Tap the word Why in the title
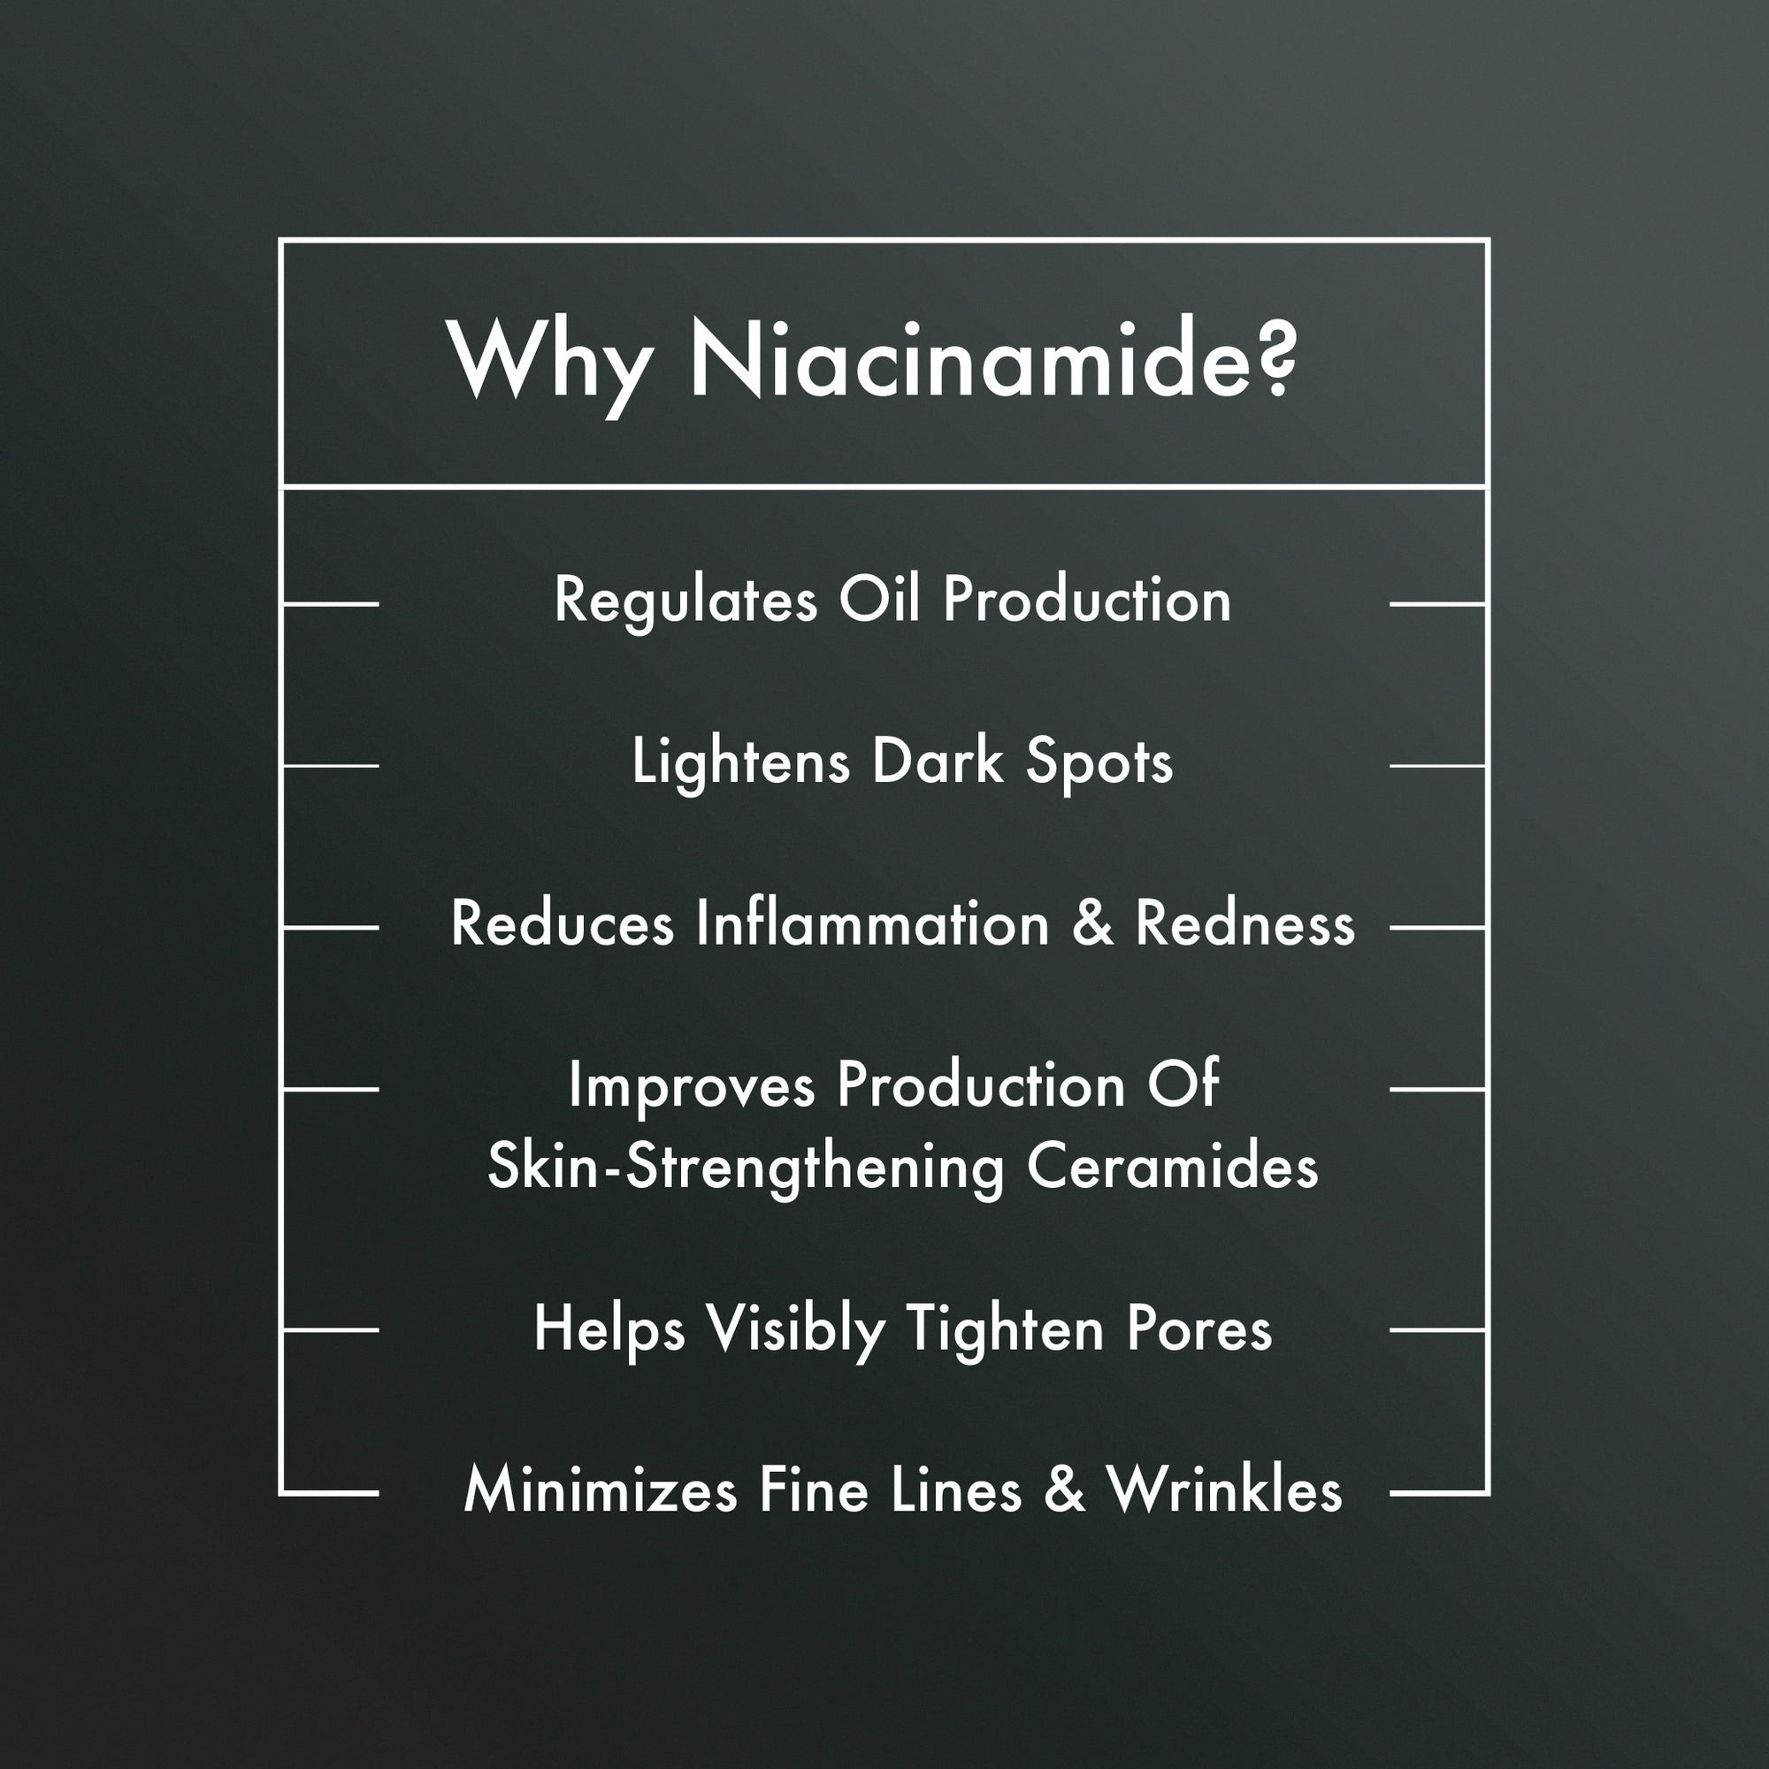[x=548, y=366]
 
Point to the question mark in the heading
[x=1272, y=357]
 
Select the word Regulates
[x=685, y=601]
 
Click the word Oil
[x=879, y=599]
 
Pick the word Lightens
[x=740, y=762]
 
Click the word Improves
[x=692, y=1087]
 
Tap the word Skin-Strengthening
[x=747, y=1170]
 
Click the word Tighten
[x=1005, y=1330]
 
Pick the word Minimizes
[x=601, y=1489]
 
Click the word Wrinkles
[x=1224, y=1489]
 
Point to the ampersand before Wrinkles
[x=1064, y=1489]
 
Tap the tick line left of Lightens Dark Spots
[x=330, y=765]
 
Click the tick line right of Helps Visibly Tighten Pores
[x=1438, y=1330]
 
